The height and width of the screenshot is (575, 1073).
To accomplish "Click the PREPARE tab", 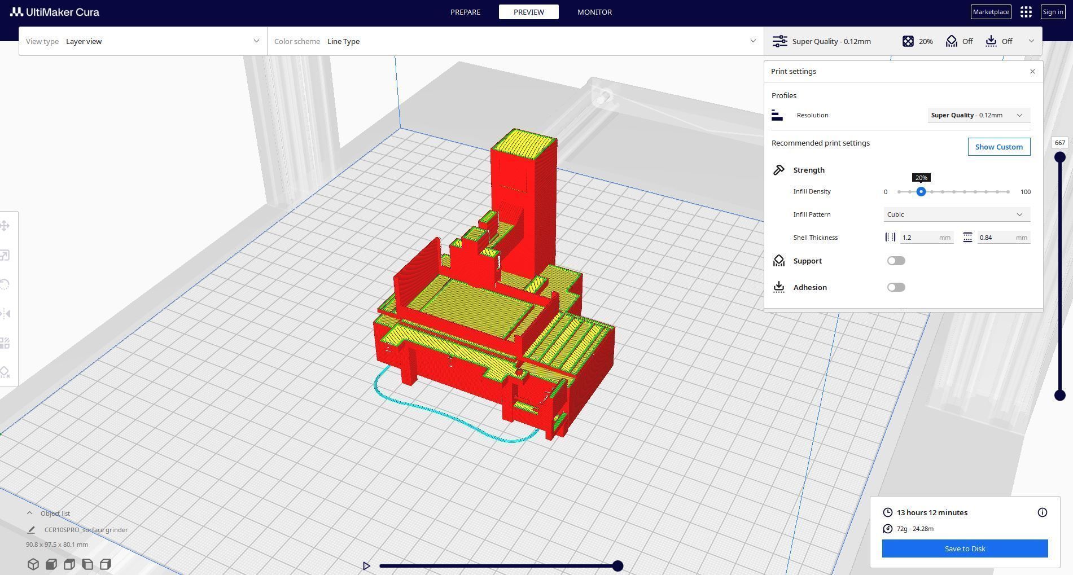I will click(x=465, y=12).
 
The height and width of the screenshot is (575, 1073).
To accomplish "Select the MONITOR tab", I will click(x=594, y=12).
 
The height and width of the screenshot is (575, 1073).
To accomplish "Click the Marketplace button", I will click(x=991, y=12).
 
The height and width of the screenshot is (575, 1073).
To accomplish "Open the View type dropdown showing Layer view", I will click(x=143, y=41).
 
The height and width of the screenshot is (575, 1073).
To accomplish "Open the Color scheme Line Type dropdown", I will click(x=515, y=41).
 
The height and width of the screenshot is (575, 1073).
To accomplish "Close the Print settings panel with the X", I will click(x=1032, y=72).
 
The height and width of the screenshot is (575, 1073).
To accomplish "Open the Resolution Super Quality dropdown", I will click(x=978, y=115).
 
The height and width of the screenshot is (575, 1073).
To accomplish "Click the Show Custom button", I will click(x=998, y=147).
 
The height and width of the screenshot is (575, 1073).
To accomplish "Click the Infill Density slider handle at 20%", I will click(x=921, y=192).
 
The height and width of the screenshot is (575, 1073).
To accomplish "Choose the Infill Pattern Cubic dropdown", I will click(x=956, y=214).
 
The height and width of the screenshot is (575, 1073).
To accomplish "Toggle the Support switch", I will click(x=896, y=261).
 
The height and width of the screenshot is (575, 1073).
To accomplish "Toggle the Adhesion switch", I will click(x=896, y=287).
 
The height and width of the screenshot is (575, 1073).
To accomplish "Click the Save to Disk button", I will click(x=965, y=548).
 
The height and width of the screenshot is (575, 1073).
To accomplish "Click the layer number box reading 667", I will click(x=1059, y=143).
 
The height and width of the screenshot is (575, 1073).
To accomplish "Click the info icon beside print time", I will click(x=1042, y=512).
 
